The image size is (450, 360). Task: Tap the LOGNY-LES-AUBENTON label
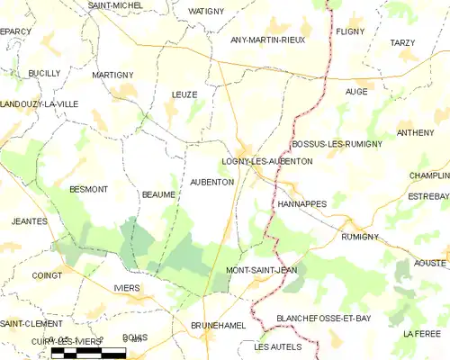point(267,161)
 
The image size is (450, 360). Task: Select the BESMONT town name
point(88,189)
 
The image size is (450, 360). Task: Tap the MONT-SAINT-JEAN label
point(261,270)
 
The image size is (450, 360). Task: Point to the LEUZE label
point(184,94)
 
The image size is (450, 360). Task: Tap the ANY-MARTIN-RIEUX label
point(268,40)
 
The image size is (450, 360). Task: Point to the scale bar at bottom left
point(88,353)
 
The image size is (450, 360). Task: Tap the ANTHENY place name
point(415,132)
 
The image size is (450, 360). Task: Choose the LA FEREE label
point(421,334)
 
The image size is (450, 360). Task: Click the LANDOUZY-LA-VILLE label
point(40,104)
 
